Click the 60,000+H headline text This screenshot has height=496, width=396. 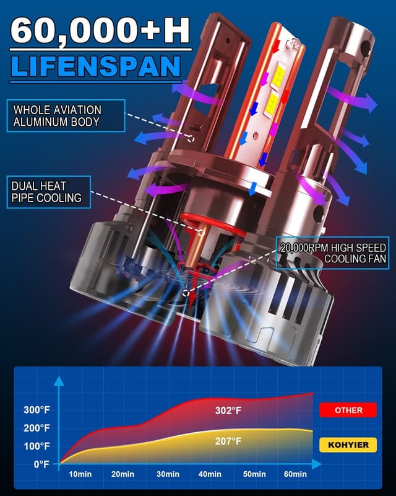(x=100, y=31)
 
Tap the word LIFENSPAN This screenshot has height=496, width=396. (x=97, y=66)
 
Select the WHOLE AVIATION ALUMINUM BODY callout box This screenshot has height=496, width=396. (x=66, y=116)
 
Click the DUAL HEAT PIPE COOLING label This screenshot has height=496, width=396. (x=49, y=192)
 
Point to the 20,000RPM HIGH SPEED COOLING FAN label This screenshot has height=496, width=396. (x=332, y=253)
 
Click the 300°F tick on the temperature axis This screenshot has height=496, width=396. (x=37, y=410)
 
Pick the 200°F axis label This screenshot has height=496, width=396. (x=37, y=428)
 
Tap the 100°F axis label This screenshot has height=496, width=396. (x=37, y=446)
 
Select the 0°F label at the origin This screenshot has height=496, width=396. (x=41, y=464)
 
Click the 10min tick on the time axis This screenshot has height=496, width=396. (x=80, y=474)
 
